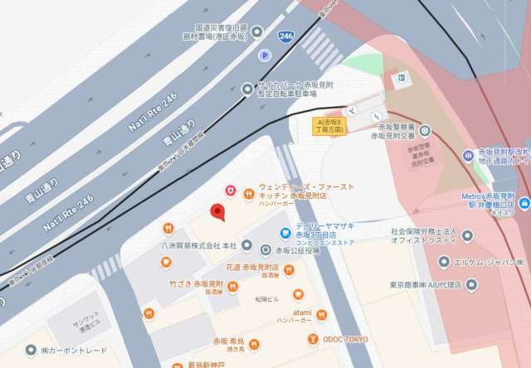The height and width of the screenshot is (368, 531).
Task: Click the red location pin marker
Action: coord(218,212)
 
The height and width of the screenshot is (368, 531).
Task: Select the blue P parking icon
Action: coord(265,56)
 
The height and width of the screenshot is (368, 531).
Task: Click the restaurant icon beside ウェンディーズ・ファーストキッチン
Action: coord(249,192)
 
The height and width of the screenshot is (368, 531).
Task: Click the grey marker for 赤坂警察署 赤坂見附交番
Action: coord(425,130)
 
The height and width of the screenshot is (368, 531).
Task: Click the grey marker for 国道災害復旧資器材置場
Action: coord(257,31)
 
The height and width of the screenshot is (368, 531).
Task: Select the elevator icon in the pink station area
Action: coord(402,79)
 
